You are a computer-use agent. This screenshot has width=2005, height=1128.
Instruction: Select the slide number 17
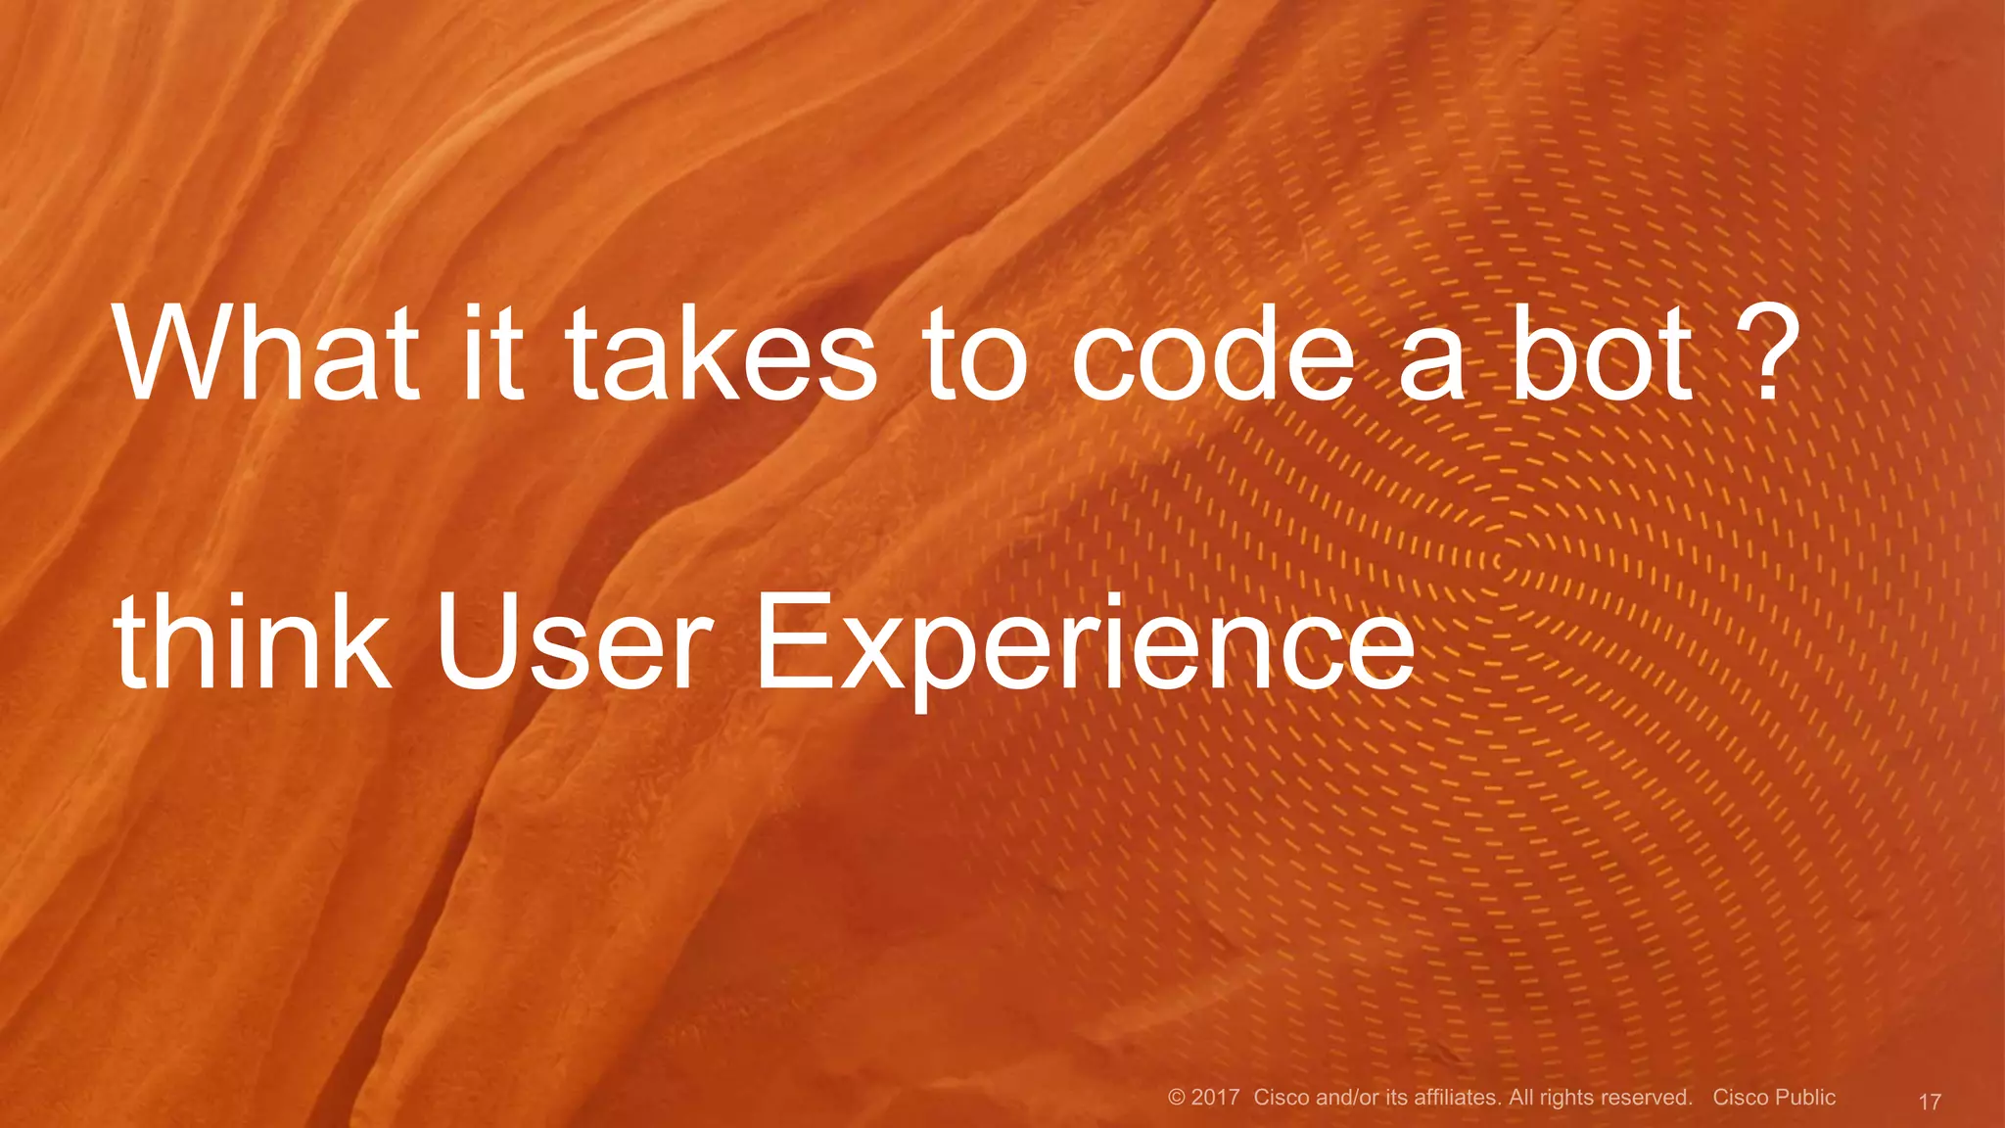pos(1929,1102)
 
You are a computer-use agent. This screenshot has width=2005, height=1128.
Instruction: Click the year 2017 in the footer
pos(1216,1098)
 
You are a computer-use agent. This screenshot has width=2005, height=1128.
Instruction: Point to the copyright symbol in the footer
pos(1177,1098)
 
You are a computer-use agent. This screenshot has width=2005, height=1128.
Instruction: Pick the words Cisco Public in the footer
pos(1774,1098)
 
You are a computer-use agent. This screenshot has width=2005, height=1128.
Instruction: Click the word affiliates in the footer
pos(1457,1098)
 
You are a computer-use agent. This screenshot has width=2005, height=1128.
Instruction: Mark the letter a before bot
pos(1431,362)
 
